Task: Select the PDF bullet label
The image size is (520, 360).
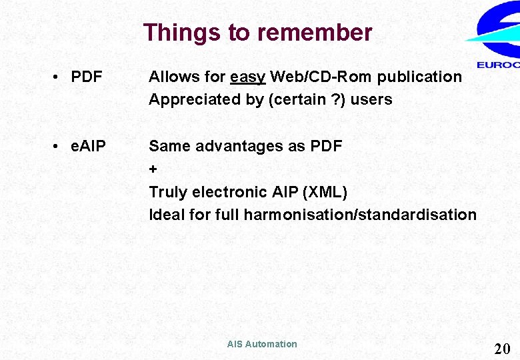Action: click(x=86, y=77)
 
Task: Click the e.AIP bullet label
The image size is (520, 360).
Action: click(x=88, y=146)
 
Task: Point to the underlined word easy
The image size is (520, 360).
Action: click(x=248, y=77)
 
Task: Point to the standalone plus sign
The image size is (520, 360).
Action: click(x=153, y=169)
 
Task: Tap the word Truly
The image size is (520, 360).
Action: click(x=168, y=192)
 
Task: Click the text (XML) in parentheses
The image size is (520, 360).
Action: click(x=325, y=192)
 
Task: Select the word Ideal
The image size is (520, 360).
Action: click(x=167, y=215)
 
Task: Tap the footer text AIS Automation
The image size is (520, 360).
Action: click(x=262, y=344)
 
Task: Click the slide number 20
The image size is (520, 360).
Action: click(x=502, y=348)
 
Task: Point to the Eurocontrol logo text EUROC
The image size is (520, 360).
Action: click(x=498, y=65)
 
